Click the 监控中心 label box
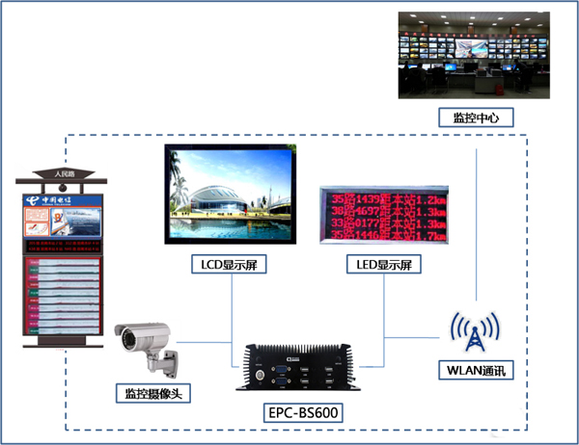pos(476,118)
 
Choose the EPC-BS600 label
pos(304,413)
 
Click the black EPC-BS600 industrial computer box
pos(301,368)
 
